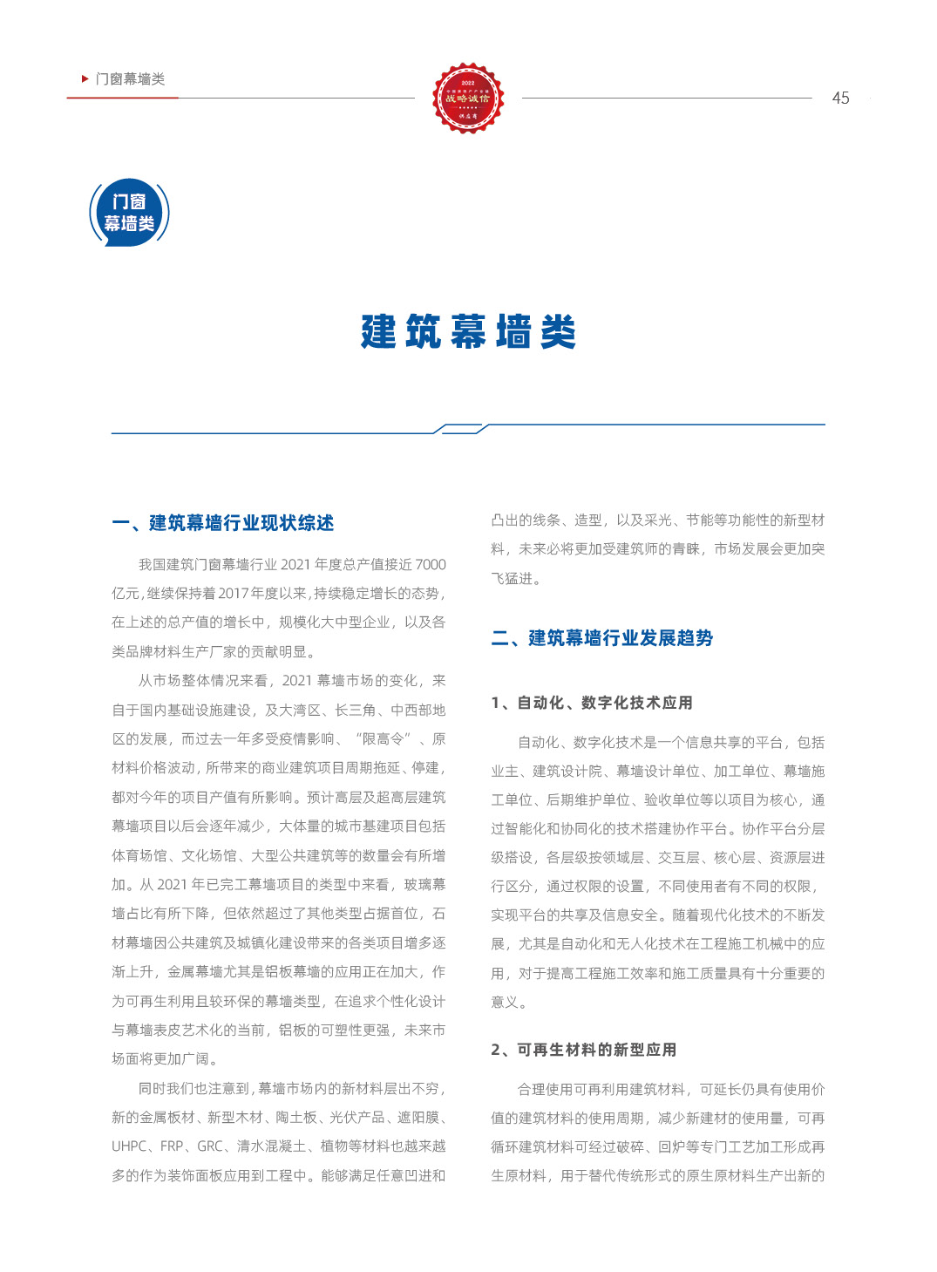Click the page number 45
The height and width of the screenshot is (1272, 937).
point(840,99)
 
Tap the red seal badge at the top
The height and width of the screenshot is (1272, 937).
point(468,98)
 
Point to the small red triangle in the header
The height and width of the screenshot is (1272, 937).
point(85,78)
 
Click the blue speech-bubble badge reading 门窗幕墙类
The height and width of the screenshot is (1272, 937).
point(129,213)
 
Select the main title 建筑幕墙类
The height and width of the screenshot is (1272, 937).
point(468,332)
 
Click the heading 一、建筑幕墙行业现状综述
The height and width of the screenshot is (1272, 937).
point(223,523)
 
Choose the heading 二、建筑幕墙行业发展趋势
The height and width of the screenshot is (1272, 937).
point(602,638)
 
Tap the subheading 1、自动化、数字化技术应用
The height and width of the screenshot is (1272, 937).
point(592,703)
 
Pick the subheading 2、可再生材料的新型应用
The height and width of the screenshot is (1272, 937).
point(584,1050)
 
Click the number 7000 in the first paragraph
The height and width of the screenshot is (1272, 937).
point(431,565)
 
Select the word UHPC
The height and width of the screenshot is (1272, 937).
point(129,1146)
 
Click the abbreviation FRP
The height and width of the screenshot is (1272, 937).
point(172,1146)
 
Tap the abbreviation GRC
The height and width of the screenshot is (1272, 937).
point(210,1146)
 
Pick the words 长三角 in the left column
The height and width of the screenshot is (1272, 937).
point(356,711)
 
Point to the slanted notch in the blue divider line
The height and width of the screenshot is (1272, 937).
point(462,428)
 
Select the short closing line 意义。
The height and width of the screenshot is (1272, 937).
point(509,1003)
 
